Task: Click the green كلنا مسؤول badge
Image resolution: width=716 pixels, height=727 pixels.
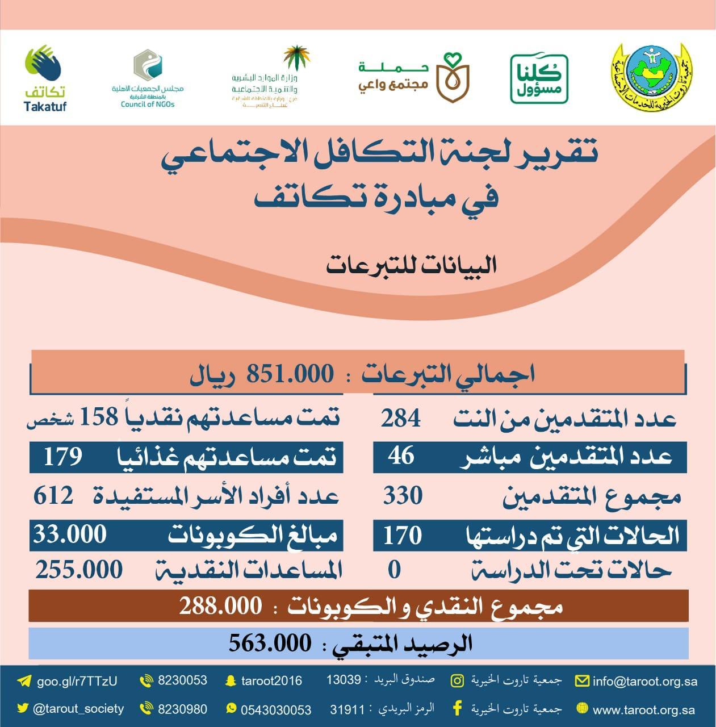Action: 539,79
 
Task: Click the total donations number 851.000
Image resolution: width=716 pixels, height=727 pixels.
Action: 290,374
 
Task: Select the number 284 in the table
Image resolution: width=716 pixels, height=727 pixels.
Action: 401,419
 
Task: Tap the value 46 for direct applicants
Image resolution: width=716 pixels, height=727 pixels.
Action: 401,456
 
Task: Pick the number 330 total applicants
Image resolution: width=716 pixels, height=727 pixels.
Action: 403,496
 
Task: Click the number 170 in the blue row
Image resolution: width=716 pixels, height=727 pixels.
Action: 402,535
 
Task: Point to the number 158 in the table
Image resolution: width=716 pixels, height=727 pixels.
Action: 98,417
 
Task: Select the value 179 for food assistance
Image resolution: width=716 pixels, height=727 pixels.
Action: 63,456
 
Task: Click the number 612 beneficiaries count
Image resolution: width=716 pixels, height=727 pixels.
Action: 53,495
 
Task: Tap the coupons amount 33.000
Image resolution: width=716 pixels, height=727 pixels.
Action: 70,534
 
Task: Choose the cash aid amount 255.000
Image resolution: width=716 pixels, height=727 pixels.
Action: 79,570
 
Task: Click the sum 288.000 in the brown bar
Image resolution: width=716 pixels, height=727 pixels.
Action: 220,606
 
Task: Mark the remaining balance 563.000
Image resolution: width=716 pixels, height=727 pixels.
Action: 270,643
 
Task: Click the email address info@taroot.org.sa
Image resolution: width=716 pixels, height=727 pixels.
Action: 644,681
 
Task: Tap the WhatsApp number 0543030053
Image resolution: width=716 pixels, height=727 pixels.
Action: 276,710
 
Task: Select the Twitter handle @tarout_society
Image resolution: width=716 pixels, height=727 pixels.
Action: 78,709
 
